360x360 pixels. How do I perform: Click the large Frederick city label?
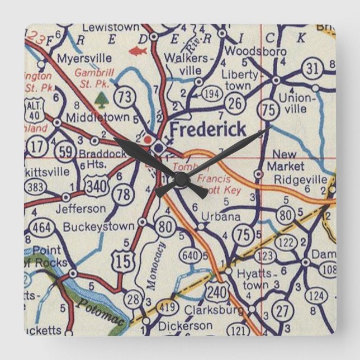(207, 130)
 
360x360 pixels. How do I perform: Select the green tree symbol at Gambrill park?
(101, 100)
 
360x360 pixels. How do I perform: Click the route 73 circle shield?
(127, 96)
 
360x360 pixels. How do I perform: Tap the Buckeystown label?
(99, 226)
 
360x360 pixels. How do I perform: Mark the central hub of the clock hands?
(181, 179)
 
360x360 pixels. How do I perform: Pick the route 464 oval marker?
(41, 228)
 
